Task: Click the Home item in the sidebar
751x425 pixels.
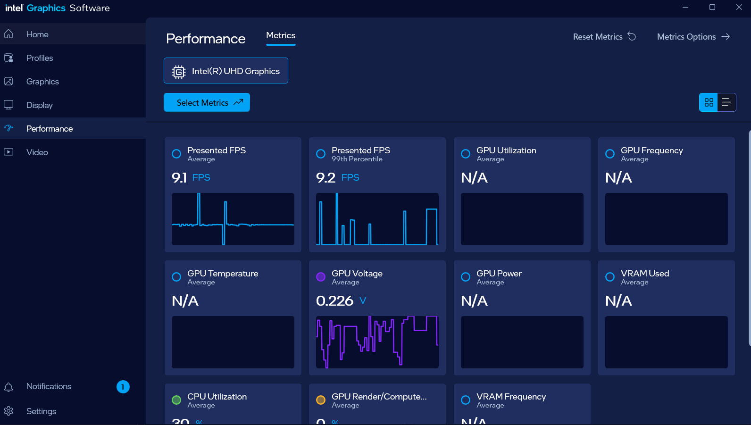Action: click(x=37, y=34)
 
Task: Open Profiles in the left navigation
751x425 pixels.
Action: click(x=40, y=58)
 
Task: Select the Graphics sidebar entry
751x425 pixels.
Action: click(x=42, y=82)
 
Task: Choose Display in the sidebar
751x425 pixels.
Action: click(x=40, y=105)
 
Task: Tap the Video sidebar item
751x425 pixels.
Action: click(x=37, y=152)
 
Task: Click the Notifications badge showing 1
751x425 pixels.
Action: click(x=123, y=387)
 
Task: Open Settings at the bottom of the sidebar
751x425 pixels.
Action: click(x=41, y=411)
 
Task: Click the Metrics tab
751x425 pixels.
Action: click(x=281, y=36)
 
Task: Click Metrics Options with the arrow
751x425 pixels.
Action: click(x=693, y=37)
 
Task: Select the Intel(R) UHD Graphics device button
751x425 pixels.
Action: click(x=226, y=71)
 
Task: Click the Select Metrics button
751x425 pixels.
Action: click(x=207, y=102)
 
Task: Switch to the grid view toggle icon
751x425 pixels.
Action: click(x=709, y=102)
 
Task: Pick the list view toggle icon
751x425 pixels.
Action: click(x=726, y=102)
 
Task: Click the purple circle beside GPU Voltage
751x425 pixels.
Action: click(x=321, y=277)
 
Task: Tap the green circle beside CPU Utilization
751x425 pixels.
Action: click(x=176, y=400)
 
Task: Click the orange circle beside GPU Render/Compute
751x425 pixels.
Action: click(x=321, y=400)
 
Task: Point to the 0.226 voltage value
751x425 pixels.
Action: click(x=334, y=300)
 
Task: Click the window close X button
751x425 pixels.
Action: click(x=739, y=7)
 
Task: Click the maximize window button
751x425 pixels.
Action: click(x=712, y=7)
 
